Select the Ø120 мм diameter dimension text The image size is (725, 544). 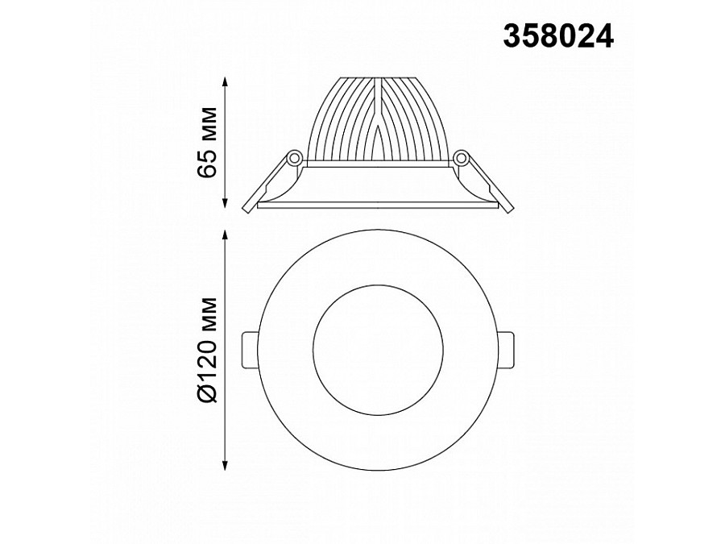[207, 347]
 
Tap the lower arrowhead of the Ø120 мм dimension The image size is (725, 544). [226, 465]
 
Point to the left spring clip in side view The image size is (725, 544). [266, 185]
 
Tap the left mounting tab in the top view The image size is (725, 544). [250, 348]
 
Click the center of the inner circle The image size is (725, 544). [377, 348]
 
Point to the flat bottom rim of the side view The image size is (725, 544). [378, 206]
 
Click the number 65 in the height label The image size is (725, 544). [207, 161]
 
